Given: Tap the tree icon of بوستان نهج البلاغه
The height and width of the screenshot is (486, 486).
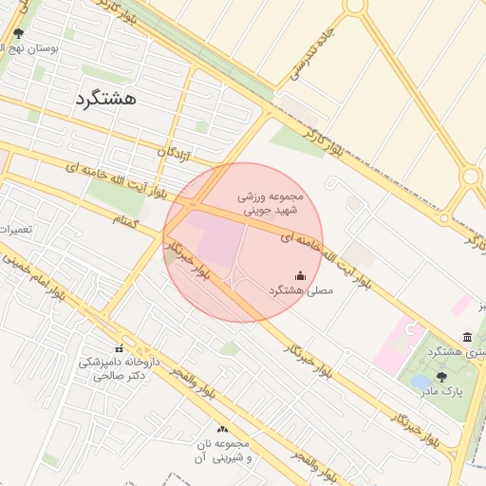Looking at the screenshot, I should pos(18,33).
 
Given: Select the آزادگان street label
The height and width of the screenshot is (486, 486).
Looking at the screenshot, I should pos(180,152).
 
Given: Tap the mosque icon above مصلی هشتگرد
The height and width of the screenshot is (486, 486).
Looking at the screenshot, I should pos(301,275).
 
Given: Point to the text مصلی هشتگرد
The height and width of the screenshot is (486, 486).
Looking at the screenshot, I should pos(301,290).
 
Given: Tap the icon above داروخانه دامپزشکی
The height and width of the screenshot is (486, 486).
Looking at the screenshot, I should pos(120,348).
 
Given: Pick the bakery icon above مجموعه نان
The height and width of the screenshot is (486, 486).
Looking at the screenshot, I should pos(223,429).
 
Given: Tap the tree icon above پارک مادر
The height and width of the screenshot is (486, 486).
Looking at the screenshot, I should pos(440,376).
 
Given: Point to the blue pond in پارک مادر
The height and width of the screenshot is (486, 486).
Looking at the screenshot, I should pos(419,382).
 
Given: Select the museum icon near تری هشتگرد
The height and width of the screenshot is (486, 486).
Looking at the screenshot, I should pos(467,337).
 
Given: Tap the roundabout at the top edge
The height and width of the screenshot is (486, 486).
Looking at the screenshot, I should pos(355,5).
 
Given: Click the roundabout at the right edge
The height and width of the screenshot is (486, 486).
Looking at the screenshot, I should pos(470,177).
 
